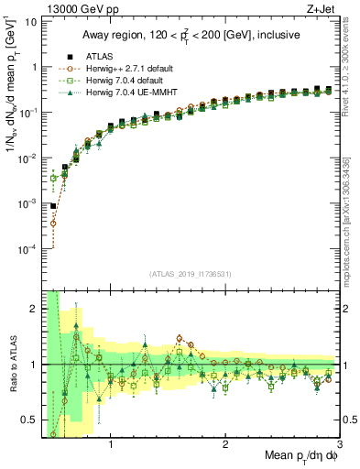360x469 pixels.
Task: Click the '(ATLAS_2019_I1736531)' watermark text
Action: point(191,275)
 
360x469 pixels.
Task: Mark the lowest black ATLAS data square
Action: point(53,207)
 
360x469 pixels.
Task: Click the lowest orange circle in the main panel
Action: point(53,223)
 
